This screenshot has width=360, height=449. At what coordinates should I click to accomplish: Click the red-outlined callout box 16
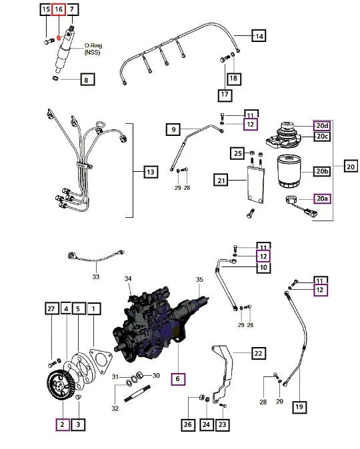(59, 9)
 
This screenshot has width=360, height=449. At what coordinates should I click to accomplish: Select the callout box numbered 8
(87, 81)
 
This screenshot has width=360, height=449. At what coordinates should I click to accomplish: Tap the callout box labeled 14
(258, 35)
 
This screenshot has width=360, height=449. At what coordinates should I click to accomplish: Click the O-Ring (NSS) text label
(92, 49)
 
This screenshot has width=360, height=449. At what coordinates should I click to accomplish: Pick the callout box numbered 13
(151, 173)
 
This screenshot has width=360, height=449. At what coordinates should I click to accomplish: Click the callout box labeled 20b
(322, 171)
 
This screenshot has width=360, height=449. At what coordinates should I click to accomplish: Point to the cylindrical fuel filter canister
(288, 173)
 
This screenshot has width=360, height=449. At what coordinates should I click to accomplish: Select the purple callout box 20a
(322, 199)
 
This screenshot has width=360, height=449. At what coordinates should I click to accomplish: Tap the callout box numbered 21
(221, 179)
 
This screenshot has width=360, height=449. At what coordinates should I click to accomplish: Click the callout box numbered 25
(238, 154)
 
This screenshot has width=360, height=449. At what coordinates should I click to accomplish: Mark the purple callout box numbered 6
(177, 378)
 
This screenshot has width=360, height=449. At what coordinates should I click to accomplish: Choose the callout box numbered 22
(258, 352)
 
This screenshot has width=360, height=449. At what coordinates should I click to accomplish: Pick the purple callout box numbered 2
(62, 424)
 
